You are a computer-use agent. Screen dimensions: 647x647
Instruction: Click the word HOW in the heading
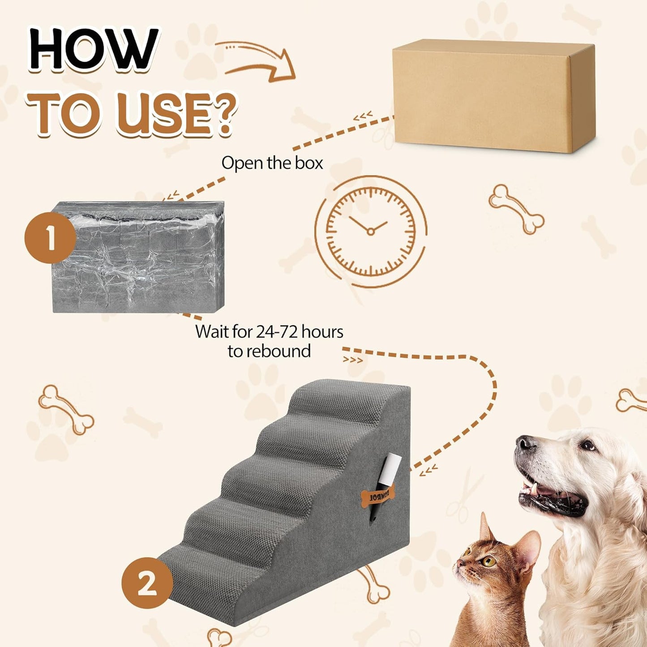point(94,49)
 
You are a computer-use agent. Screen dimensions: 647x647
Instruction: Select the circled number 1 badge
point(50,238)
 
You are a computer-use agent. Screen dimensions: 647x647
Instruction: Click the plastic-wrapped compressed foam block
point(138,257)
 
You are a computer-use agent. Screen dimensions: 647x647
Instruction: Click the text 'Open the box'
point(272,163)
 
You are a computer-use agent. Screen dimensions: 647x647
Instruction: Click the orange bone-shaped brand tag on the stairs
point(377,497)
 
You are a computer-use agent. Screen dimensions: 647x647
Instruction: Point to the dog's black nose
point(525,444)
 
